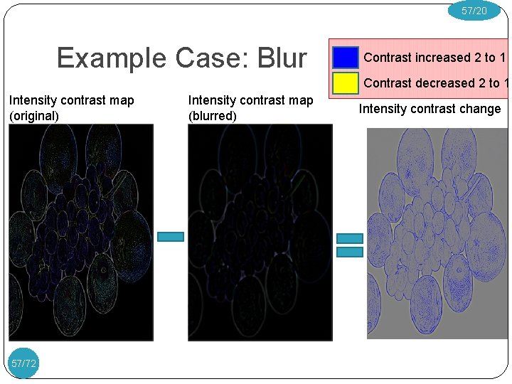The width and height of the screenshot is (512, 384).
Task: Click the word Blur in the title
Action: [282, 58]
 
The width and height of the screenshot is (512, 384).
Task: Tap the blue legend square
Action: [346, 58]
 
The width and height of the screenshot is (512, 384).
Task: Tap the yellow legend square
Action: [346, 83]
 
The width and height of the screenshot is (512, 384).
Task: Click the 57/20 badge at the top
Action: [474, 11]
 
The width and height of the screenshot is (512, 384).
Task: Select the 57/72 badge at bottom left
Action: [23, 363]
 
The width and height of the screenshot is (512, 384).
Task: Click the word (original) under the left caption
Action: [34, 116]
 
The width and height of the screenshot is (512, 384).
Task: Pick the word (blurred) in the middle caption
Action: [212, 116]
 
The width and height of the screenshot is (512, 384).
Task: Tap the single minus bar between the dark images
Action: [171, 237]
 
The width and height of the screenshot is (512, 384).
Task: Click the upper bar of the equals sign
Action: [349, 239]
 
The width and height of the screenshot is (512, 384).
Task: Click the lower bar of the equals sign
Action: [349, 252]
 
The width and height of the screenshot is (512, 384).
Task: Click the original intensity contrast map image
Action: [81, 233]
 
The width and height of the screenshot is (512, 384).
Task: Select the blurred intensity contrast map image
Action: [260, 233]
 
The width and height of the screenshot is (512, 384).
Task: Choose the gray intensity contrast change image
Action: [437, 233]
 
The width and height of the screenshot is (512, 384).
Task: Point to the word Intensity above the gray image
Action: [381, 109]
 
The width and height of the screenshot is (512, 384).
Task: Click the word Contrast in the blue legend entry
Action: [387, 58]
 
